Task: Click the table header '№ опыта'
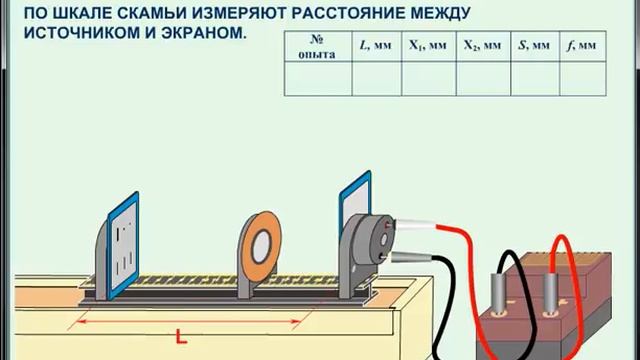coord(317,46)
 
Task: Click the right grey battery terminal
coord(551,297)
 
